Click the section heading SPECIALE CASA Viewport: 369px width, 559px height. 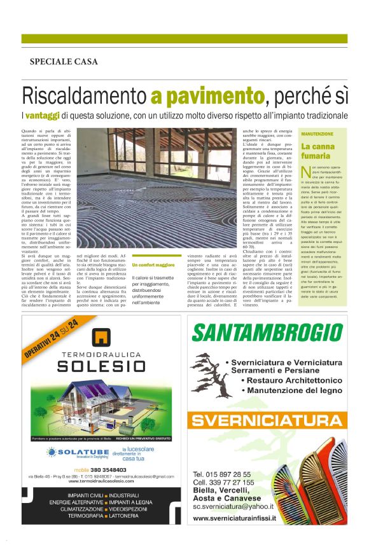click(x=64, y=62)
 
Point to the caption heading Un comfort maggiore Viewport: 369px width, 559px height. click(x=153, y=265)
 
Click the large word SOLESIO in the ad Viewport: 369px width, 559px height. click(x=101, y=366)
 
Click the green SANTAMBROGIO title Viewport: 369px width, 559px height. click(x=274, y=333)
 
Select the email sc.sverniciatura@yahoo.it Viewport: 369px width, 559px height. click(x=233, y=506)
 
